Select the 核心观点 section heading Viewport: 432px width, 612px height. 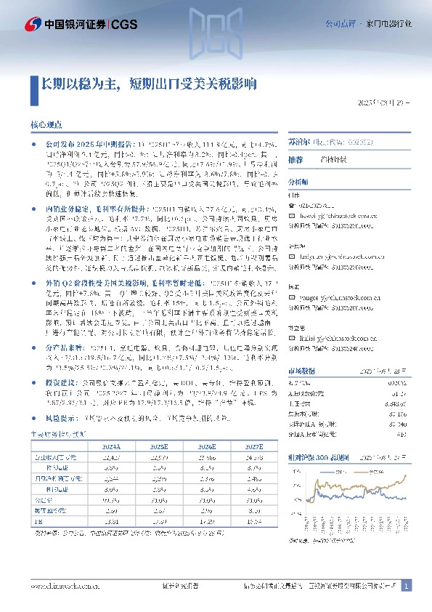(x=47, y=125)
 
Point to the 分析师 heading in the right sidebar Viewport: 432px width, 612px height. (x=298, y=182)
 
